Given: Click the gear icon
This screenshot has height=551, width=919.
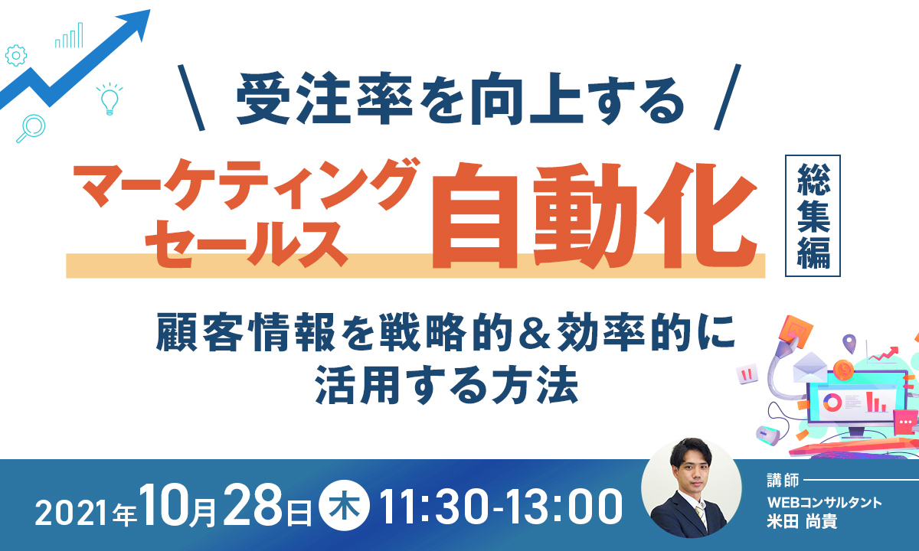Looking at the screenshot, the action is point(16,55).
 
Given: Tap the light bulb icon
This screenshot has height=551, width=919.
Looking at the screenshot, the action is point(110,99).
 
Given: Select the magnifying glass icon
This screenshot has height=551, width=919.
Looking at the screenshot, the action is point(31,128).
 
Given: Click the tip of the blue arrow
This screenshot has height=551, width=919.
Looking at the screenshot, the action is point(150,10).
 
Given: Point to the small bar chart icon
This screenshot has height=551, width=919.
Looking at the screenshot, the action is point(69,35).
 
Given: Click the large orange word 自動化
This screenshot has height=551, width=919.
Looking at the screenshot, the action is point(594,216).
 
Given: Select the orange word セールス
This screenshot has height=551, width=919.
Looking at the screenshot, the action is point(247,243).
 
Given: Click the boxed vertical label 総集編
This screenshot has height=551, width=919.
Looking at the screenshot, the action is point(813,216).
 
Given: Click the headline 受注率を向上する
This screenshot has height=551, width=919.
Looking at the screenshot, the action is point(460,99).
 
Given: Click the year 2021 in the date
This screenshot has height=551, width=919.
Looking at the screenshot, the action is point(73,513).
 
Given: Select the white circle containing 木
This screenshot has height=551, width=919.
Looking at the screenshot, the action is point(345,506).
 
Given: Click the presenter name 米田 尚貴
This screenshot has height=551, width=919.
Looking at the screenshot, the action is point(802,522).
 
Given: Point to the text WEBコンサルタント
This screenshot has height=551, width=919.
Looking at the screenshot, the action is point(825,502).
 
